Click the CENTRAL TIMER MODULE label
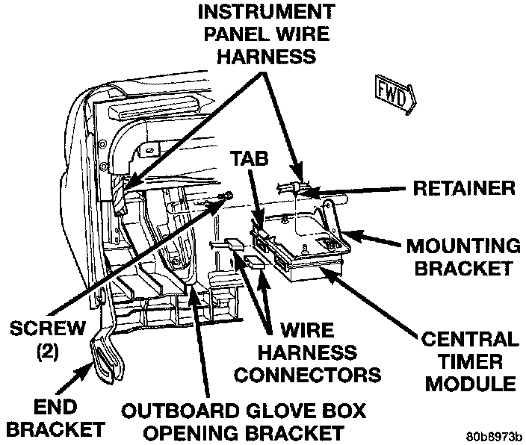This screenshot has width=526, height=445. (x=469, y=361)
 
